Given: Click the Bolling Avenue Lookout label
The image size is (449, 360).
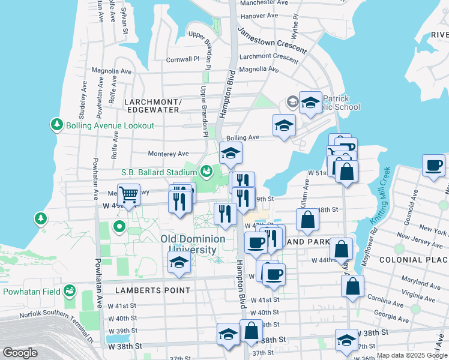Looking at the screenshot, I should (110, 125).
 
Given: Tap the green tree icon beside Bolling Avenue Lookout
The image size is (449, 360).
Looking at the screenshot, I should (57, 125).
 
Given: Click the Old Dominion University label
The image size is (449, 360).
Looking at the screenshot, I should (193, 244).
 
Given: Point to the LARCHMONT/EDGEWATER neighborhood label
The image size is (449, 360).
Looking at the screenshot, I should (152, 106).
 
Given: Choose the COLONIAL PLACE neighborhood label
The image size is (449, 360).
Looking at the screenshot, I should (413, 259).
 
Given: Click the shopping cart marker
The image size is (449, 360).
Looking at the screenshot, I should (128, 194).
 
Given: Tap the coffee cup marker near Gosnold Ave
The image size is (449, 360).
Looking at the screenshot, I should (433, 164).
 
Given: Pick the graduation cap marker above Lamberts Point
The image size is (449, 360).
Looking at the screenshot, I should (179, 263).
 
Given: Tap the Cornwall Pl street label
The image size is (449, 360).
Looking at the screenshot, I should (182, 59).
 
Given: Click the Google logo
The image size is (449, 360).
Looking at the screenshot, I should (20, 353).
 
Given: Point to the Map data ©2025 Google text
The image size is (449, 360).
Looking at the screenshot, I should (412, 355).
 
